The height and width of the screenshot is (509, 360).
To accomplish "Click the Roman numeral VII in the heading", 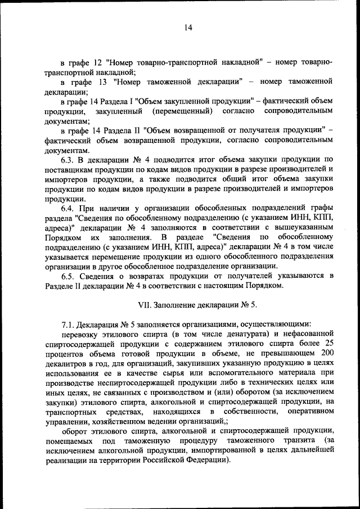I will [x=146, y=304].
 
